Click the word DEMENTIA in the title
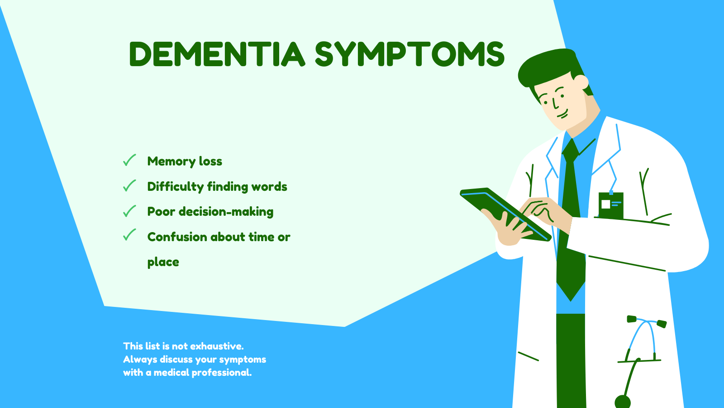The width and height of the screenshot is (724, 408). [217, 54]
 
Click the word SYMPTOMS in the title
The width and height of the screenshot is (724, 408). [410, 54]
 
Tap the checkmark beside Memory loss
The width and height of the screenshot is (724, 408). [129, 160]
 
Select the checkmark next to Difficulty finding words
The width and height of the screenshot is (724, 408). [129, 185]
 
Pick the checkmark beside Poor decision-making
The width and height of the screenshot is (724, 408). [129, 211]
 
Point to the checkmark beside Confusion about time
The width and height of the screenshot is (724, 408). [129, 235]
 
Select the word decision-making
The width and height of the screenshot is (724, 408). [226, 212]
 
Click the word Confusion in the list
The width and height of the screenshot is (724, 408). [177, 237]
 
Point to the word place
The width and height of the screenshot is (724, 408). [163, 262]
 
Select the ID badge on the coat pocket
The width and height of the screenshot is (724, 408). [611, 206]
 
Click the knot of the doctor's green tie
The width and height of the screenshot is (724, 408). [571, 151]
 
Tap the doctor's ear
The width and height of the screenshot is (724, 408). [581, 82]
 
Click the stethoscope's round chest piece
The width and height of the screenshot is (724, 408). [623, 402]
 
